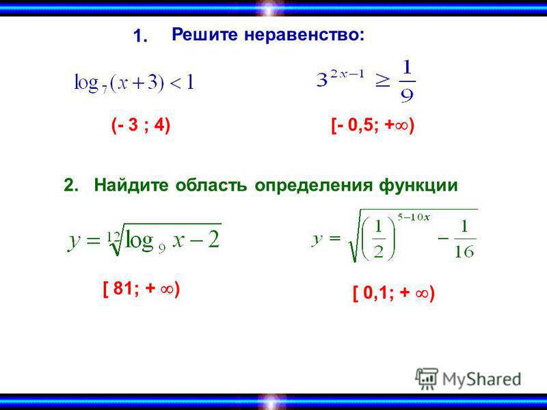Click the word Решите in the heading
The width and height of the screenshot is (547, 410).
click(204, 35)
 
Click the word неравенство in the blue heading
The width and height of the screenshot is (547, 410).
click(304, 35)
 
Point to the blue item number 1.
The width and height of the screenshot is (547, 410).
click(140, 37)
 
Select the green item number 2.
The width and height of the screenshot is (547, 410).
click(71, 184)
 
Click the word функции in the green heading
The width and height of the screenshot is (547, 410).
click(418, 185)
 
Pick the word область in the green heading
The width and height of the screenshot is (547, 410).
click(211, 185)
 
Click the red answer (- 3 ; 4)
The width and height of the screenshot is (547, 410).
click(141, 126)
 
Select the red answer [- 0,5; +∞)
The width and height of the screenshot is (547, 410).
click(373, 126)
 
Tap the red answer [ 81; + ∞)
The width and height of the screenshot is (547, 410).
click(142, 289)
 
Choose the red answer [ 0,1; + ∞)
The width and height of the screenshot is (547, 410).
click(394, 293)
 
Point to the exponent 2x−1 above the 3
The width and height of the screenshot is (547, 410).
click(347, 74)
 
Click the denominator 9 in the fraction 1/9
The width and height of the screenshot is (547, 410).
click(407, 95)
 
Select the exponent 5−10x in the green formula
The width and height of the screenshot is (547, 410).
click(414, 217)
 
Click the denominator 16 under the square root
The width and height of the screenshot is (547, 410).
click(464, 251)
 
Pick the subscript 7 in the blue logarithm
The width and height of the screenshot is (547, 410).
click(105, 90)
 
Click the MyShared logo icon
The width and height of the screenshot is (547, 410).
click(427, 379)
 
